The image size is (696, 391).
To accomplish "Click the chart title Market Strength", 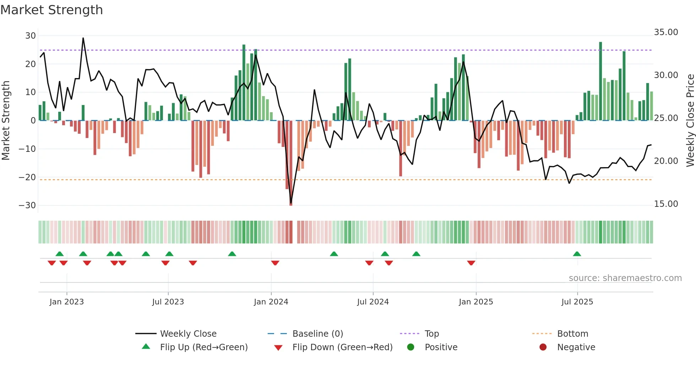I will coord(51,10).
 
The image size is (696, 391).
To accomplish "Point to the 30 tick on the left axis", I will coord(31,36).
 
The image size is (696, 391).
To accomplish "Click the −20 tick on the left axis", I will coord(27,177).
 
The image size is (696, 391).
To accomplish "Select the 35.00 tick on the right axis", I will coord(666,32).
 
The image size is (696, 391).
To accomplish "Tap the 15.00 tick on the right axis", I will coord(666,204).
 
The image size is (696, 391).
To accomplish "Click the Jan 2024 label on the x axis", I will coord(271,302).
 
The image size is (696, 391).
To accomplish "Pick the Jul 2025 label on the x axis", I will coord(577,302).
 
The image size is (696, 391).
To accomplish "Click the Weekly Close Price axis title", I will coord(690,121).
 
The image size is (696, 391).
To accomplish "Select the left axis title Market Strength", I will coord(6,121).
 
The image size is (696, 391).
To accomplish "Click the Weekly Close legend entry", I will coord(188,334).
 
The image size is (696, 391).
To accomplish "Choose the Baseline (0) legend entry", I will coord(317,334).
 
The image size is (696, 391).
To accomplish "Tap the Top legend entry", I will coord(431,334).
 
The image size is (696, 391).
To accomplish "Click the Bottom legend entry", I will coord(572,334).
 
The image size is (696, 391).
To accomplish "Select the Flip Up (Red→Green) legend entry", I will coord(203,347).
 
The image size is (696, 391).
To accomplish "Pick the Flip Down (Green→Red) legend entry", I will coord(342,347).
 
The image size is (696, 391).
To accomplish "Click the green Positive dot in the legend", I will coord(411,347).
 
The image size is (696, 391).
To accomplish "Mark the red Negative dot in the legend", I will coord(543,347).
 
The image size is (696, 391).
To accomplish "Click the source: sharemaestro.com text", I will coord(625,278).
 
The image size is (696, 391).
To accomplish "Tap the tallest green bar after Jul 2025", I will coord(600,82).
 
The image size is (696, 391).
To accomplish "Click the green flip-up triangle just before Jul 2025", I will coord(577,254).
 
